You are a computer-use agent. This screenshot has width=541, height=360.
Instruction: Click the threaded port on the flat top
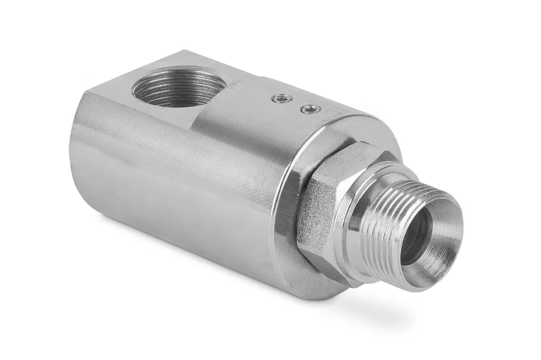pyautogui.click(x=179, y=87)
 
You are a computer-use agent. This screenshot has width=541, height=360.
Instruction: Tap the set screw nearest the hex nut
pyautogui.click(x=310, y=110)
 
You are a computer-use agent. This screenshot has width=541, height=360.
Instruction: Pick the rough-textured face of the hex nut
pyautogui.click(x=314, y=216)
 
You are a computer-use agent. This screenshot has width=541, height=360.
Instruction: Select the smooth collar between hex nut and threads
pyautogui.click(x=352, y=227)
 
